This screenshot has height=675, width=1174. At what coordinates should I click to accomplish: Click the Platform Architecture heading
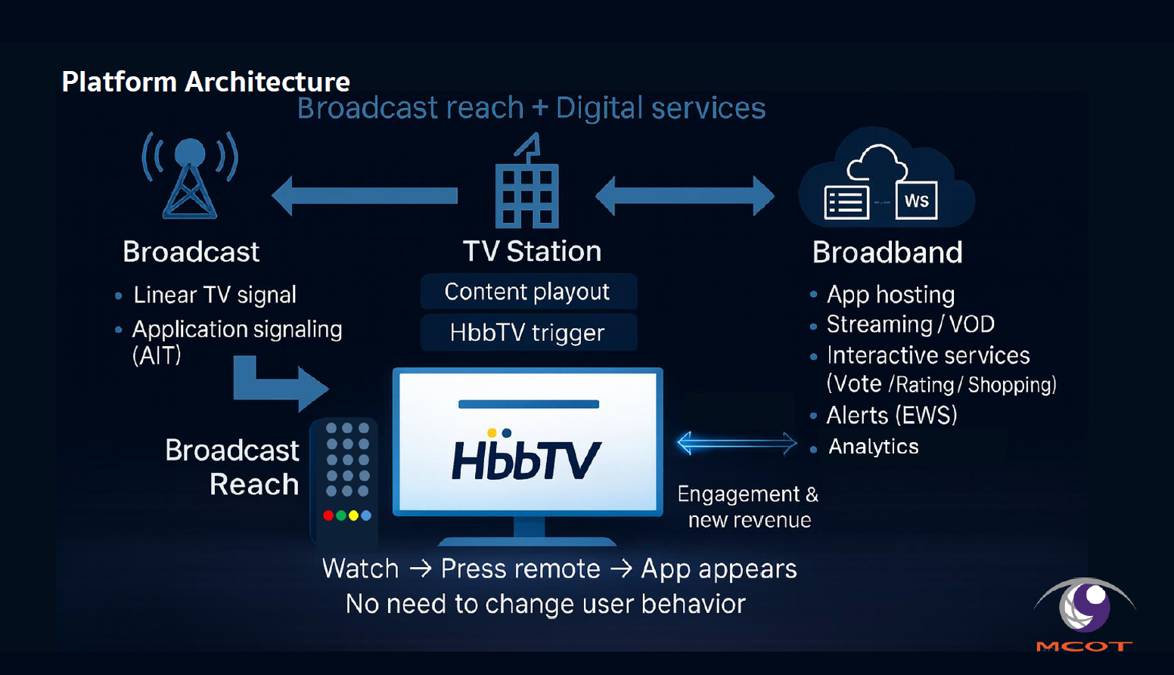point(205,82)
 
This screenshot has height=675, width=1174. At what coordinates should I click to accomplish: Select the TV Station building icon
point(527,185)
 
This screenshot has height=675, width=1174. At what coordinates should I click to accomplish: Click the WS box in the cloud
point(916,200)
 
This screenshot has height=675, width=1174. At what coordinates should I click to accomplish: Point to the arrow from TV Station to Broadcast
point(365,196)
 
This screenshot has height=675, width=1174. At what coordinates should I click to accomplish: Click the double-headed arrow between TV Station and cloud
point(685,196)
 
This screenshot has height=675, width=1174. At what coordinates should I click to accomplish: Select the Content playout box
point(527,292)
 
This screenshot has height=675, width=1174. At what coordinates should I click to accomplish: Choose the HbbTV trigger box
point(527,333)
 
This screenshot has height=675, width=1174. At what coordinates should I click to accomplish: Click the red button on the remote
point(328,516)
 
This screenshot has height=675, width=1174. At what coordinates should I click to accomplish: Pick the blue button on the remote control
point(366,516)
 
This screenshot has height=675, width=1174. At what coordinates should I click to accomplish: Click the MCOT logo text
point(1083,646)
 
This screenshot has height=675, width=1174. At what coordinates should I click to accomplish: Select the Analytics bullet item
point(873,447)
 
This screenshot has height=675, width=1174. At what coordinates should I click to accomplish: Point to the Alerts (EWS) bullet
point(891,415)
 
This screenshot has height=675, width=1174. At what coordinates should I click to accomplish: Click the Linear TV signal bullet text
point(214,295)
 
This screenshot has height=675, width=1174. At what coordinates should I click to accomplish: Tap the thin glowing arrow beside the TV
point(737,443)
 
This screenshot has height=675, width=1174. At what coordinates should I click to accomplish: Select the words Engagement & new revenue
point(747,506)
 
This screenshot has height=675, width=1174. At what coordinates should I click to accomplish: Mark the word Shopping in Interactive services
point(1011,385)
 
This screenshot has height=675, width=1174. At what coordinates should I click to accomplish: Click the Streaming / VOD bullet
point(910,324)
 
